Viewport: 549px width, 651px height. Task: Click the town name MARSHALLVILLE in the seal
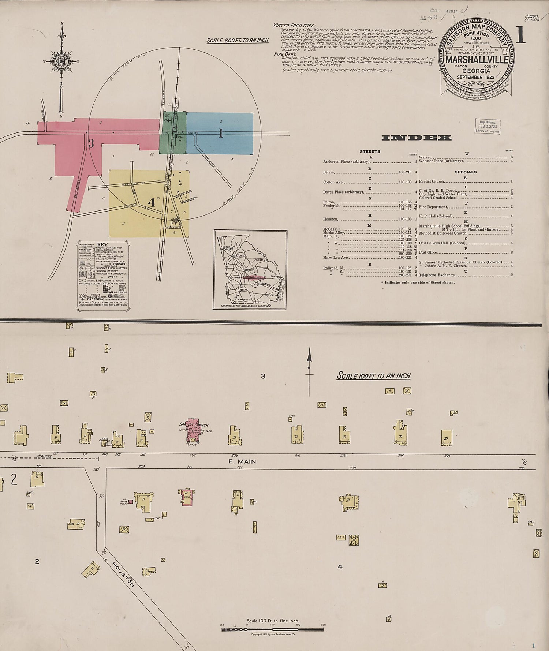(x=476, y=60)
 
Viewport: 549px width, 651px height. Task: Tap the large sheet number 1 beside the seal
(x=520, y=35)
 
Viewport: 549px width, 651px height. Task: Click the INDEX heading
(x=416, y=138)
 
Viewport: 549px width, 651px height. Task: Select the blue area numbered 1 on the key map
(x=220, y=133)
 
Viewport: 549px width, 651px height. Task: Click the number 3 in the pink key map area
(x=91, y=143)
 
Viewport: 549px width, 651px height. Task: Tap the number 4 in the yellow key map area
(x=151, y=202)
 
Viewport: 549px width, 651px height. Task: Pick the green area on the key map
(x=173, y=132)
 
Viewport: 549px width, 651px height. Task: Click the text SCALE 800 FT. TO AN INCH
(x=237, y=40)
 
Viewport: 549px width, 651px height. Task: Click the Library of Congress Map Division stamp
(x=488, y=127)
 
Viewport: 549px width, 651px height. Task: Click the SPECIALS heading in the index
(x=466, y=172)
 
